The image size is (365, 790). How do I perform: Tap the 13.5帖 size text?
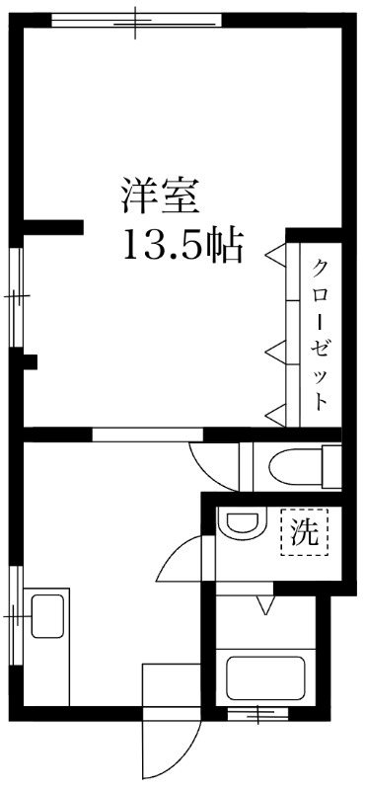pos(182,246)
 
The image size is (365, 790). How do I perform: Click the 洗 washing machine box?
pos(304,533)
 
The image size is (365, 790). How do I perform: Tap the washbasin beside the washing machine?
pos(242,526)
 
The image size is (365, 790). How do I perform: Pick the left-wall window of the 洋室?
pos(16,295)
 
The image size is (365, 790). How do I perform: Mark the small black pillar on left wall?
pos(30,361)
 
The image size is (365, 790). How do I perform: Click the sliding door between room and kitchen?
pos(148,434)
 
